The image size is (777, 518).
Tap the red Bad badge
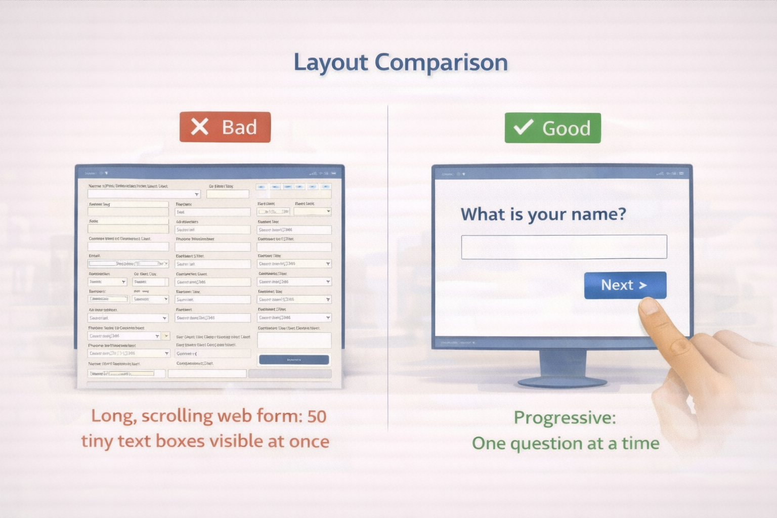(225, 127)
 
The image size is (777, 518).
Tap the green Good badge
(552, 128)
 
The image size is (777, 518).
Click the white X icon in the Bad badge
(199, 127)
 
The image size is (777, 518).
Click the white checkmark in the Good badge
(523, 127)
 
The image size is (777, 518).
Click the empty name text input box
(564, 247)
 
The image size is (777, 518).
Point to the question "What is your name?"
(543, 214)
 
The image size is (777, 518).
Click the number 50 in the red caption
(317, 416)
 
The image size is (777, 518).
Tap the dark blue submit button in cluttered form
(294, 360)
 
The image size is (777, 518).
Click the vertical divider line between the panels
(388, 268)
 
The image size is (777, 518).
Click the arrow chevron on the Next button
(643, 285)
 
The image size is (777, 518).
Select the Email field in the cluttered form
(128, 264)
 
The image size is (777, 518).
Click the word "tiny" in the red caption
(97, 441)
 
